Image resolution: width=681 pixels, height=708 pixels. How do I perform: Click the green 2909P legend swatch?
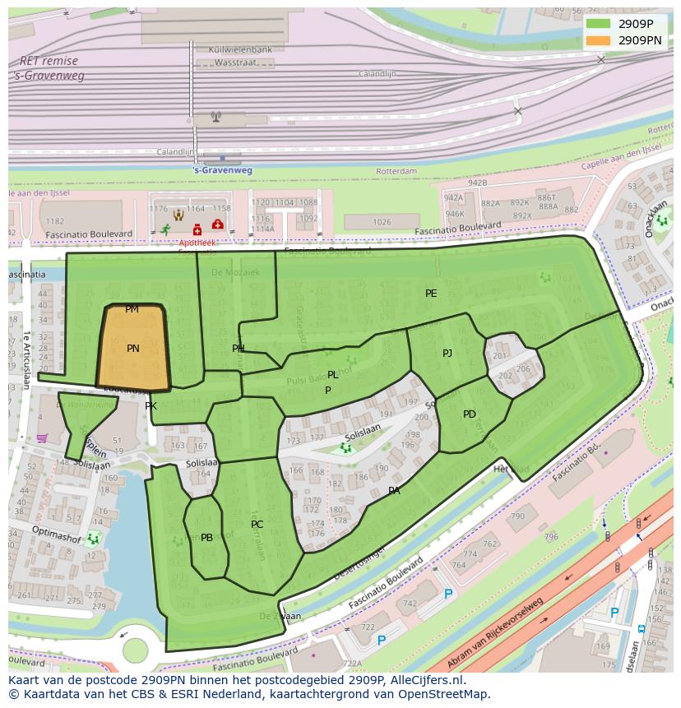598,23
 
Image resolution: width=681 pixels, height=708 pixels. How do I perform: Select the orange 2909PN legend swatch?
598,39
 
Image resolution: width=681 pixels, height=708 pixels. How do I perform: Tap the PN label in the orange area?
133,349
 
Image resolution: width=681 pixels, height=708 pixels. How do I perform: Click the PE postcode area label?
431,294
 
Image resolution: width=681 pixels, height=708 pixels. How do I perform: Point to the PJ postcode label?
447,354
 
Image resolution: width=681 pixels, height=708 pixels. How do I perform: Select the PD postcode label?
470,414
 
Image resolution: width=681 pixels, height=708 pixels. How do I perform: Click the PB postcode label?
206,538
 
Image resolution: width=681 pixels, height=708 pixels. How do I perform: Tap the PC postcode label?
257,525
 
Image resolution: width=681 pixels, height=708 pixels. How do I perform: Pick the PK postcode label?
151,406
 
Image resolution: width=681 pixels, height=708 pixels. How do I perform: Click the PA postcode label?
394,491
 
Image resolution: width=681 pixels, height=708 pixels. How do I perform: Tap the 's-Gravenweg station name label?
222,170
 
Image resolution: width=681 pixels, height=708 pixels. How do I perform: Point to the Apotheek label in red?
197,243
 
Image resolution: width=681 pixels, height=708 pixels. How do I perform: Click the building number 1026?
382,222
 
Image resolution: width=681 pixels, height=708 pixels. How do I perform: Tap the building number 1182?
54,221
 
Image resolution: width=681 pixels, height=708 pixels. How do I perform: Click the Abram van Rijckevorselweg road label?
496,634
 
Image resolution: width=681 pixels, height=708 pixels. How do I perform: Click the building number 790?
517,516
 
